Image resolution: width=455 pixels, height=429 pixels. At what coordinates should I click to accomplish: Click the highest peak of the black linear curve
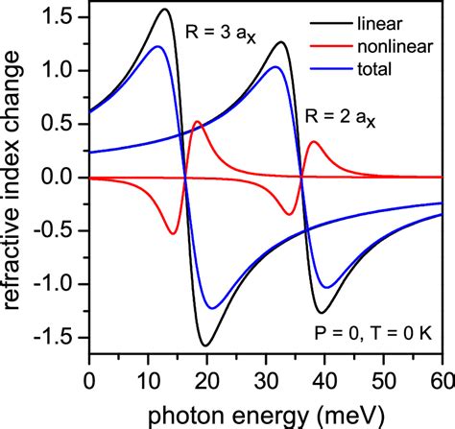164,11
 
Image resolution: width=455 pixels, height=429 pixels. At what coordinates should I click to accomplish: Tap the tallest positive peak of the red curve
197,122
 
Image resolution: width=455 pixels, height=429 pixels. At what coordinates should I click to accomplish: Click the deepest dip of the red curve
173,233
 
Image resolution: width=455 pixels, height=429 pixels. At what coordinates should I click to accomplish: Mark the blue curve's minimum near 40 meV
327,287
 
